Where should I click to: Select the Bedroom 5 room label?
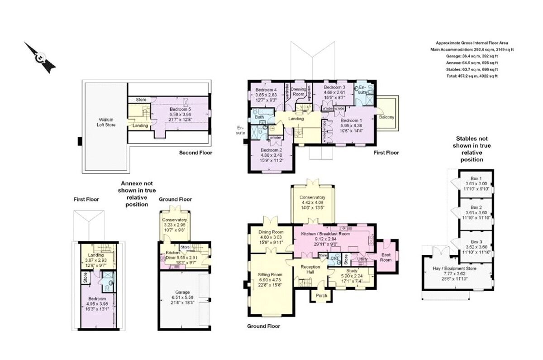tap(181, 109)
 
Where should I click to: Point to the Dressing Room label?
tap(298, 92)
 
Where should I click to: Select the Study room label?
tap(352, 270)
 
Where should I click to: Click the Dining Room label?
tap(271, 232)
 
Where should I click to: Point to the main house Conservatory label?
tap(312, 197)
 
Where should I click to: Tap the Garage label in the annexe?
tap(183, 292)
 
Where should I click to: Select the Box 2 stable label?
tap(476, 206)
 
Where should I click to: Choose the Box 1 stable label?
tap(476, 178)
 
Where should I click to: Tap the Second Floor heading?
tap(195, 153)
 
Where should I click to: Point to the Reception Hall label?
tap(310, 270)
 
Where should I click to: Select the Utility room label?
tap(362, 259)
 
